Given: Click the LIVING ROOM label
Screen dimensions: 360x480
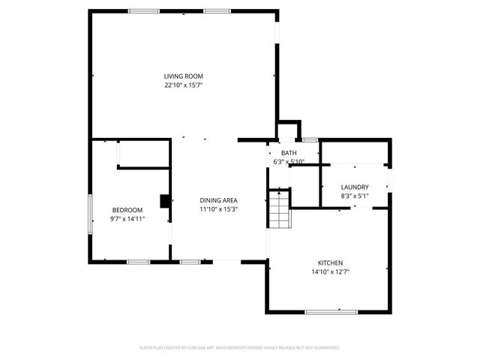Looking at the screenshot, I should click(184, 76).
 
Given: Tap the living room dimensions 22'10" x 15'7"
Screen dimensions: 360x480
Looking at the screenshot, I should click(184, 85).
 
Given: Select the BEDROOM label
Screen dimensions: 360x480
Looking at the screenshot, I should click(127, 210).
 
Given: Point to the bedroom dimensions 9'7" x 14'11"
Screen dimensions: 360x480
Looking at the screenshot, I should click(127, 219).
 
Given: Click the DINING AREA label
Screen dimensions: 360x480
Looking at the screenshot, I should click(218, 200).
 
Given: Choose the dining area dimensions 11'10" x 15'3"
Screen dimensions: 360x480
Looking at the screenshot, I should click(218, 209).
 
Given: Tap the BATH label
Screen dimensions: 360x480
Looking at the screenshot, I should click(288, 153).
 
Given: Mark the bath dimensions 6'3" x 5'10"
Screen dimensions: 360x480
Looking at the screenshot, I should click(288, 162).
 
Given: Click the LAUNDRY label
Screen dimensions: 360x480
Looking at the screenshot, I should click(354, 187).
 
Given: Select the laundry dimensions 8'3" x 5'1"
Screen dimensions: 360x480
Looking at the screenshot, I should click(354, 196).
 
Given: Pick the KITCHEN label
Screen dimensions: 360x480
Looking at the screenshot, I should click(330, 262).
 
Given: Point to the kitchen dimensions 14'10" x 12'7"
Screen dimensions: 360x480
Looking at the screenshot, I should click(330, 271).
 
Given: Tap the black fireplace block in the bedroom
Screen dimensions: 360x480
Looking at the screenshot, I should click(165, 200).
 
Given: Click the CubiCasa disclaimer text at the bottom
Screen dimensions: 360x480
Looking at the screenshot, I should click(240, 348).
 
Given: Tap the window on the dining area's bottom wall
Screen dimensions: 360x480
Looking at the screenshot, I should click(190, 261).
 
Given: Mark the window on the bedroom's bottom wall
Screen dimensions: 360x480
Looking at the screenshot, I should click(138, 261).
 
